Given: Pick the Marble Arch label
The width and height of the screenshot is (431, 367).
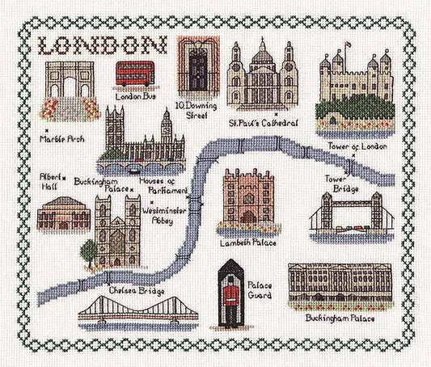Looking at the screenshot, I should coord(61,138).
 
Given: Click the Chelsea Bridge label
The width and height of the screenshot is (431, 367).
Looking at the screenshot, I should coord(139,289).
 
